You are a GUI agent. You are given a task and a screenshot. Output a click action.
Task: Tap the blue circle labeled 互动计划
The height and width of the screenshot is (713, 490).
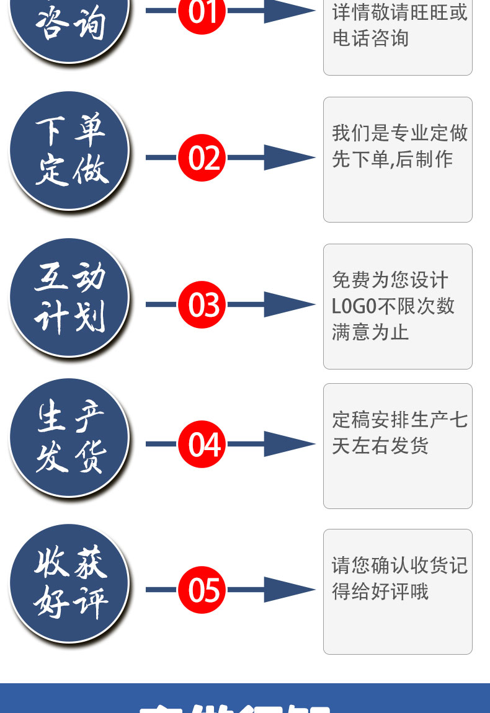pos(69,298)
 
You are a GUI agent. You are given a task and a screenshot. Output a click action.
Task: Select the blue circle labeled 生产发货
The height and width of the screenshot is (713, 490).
pos(69,437)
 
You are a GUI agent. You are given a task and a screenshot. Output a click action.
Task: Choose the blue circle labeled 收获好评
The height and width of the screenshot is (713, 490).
pos(69,583)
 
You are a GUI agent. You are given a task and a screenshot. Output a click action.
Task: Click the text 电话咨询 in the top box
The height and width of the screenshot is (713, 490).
pos(370,38)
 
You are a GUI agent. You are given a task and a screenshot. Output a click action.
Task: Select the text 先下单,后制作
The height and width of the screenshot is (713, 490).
pos(392,159)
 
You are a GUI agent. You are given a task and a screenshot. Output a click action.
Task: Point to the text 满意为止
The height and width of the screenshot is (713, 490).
pos(370,332)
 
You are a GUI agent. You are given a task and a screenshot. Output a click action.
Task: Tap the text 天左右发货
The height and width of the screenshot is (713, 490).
pos(380,446)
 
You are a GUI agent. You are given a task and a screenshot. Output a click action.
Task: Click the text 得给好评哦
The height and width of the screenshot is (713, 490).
pos(380,591)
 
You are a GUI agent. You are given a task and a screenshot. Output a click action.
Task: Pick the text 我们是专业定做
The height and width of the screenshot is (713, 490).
pos(399,133)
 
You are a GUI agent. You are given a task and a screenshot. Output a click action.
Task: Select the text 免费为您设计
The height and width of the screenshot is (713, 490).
pos(390,280)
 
